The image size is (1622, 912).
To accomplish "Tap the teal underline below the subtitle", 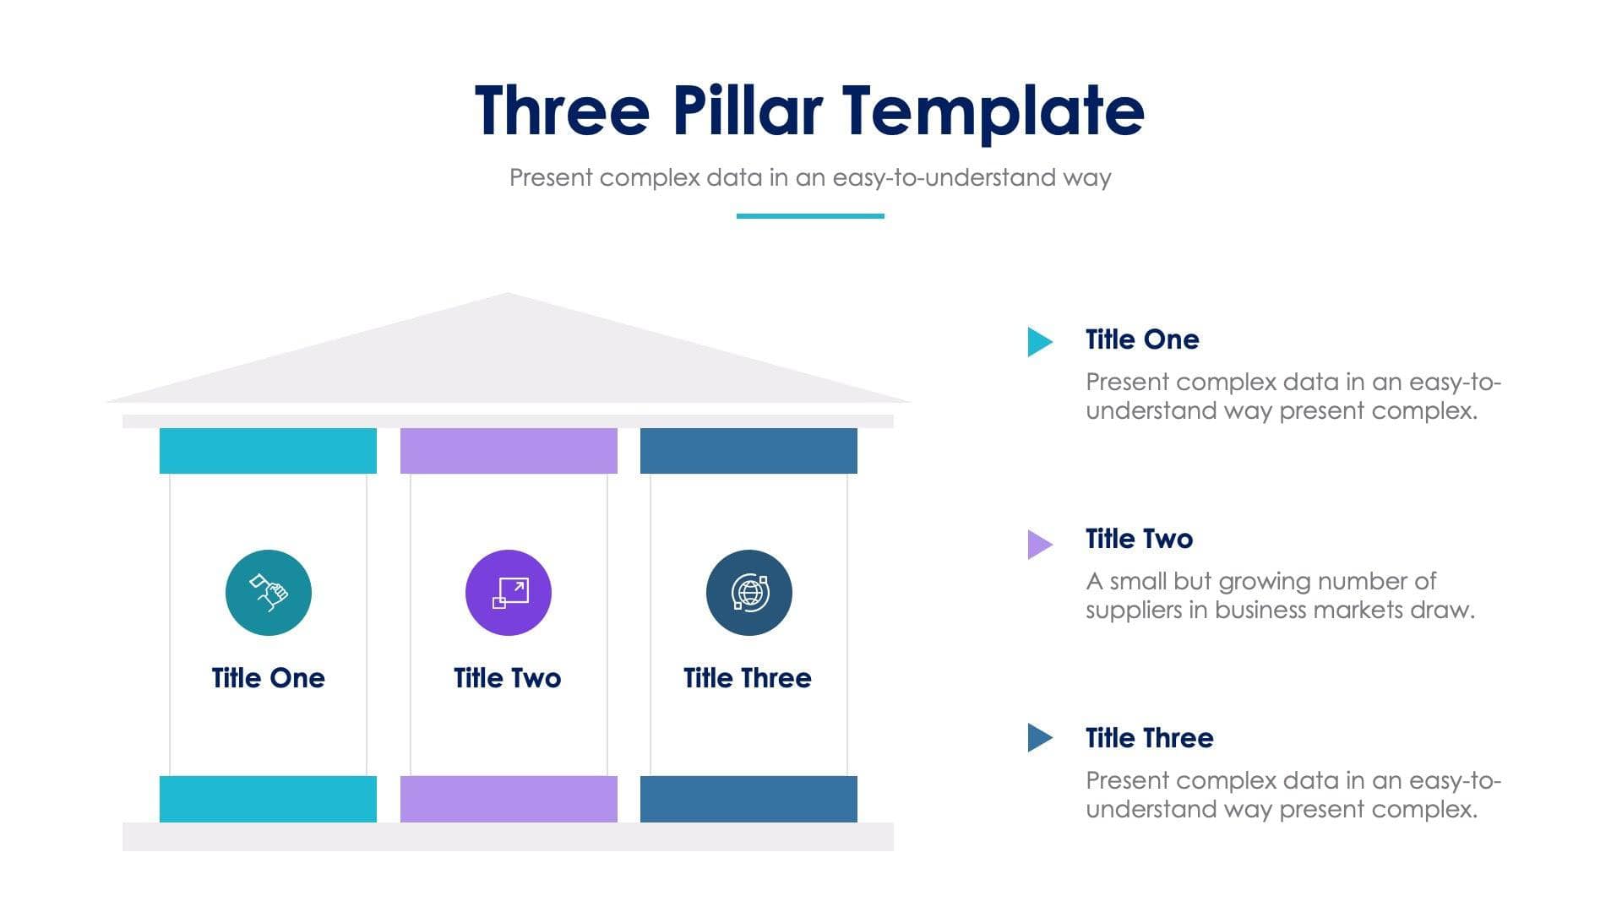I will click(810, 216).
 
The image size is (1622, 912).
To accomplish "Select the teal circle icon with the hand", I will click(269, 593).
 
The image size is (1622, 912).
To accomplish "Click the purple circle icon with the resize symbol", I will click(509, 593).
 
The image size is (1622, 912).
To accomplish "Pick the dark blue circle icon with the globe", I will click(749, 593).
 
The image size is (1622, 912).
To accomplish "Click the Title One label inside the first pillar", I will click(268, 678).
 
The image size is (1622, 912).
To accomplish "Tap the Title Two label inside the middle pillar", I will click(507, 678).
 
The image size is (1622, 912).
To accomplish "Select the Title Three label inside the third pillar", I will click(748, 678).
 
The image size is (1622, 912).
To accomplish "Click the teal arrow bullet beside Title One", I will click(1038, 341).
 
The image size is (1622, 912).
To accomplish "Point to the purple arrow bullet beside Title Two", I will click(1038, 544).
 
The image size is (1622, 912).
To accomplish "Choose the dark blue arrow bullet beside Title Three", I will click(1038, 737).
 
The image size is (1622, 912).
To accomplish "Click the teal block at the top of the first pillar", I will click(268, 451).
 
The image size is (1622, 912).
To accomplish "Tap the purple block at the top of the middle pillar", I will click(509, 451).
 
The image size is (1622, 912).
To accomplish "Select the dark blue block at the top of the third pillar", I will click(748, 451).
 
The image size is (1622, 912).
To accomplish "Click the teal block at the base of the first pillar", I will click(268, 799).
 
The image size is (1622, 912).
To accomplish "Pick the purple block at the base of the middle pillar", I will click(509, 799).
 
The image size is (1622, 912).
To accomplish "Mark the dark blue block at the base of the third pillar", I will click(748, 799).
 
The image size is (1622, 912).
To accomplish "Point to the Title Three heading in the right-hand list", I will click(1149, 738).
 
